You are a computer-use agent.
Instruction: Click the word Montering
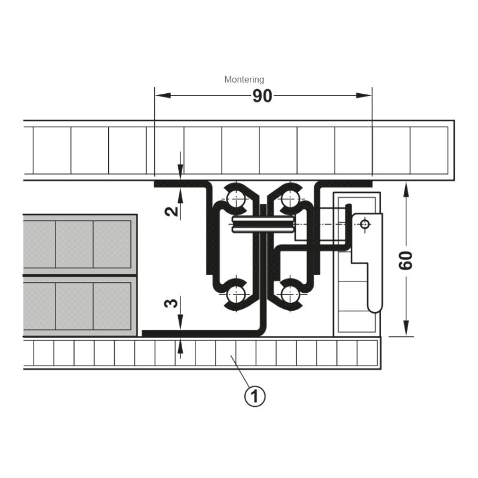point(244,79)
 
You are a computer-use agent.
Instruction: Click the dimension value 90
point(262,96)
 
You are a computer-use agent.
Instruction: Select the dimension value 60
point(406,261)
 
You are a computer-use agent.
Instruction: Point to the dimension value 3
point(171,304)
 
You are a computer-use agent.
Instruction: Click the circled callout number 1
point(255,396)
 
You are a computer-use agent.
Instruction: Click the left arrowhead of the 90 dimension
point(163,96)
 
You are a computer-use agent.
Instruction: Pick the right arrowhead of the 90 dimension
point(364,96)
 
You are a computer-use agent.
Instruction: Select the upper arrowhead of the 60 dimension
point(406,191)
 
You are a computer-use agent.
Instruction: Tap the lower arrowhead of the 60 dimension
point(406,328)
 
